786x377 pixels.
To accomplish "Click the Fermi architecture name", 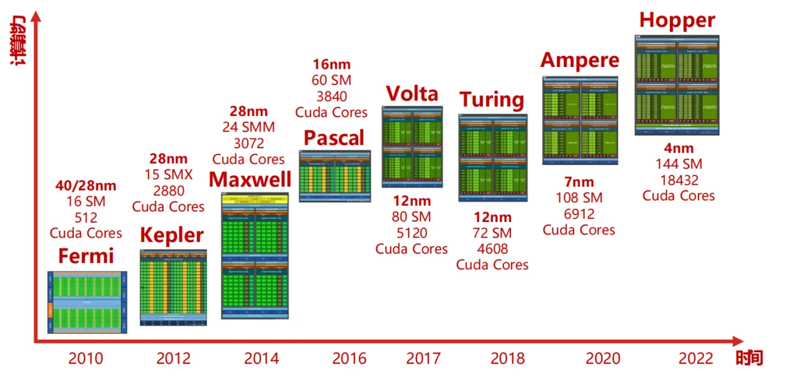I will (x=86, y=255).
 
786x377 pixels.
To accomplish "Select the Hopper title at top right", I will (x=677, y=20).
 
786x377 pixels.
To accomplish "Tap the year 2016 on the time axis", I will (x=349, y=358).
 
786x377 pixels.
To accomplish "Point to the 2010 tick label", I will (x=86, y=358).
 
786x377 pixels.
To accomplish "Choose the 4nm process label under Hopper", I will (x=678, y=149).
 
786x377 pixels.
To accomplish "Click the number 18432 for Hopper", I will (x=678, y=180).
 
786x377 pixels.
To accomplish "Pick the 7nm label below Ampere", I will (x=579, y=182).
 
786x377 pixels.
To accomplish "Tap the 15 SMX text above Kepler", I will (x=168, y=175).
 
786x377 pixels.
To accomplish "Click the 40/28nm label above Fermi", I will (x=86, y=185).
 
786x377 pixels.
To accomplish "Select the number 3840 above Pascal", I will (x=331, y=96).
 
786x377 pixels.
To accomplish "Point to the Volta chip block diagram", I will (x=412, y=147).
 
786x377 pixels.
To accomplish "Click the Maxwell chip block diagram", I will (x=255, y=255).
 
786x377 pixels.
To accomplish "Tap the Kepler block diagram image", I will (x=173, y=288).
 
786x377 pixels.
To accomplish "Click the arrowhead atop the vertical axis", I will (x=35, y=17).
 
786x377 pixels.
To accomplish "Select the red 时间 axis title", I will (x=749, y=358).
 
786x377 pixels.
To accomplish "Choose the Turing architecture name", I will (x=492, y=100).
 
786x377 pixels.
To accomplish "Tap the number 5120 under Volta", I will (x=411, y=233).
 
